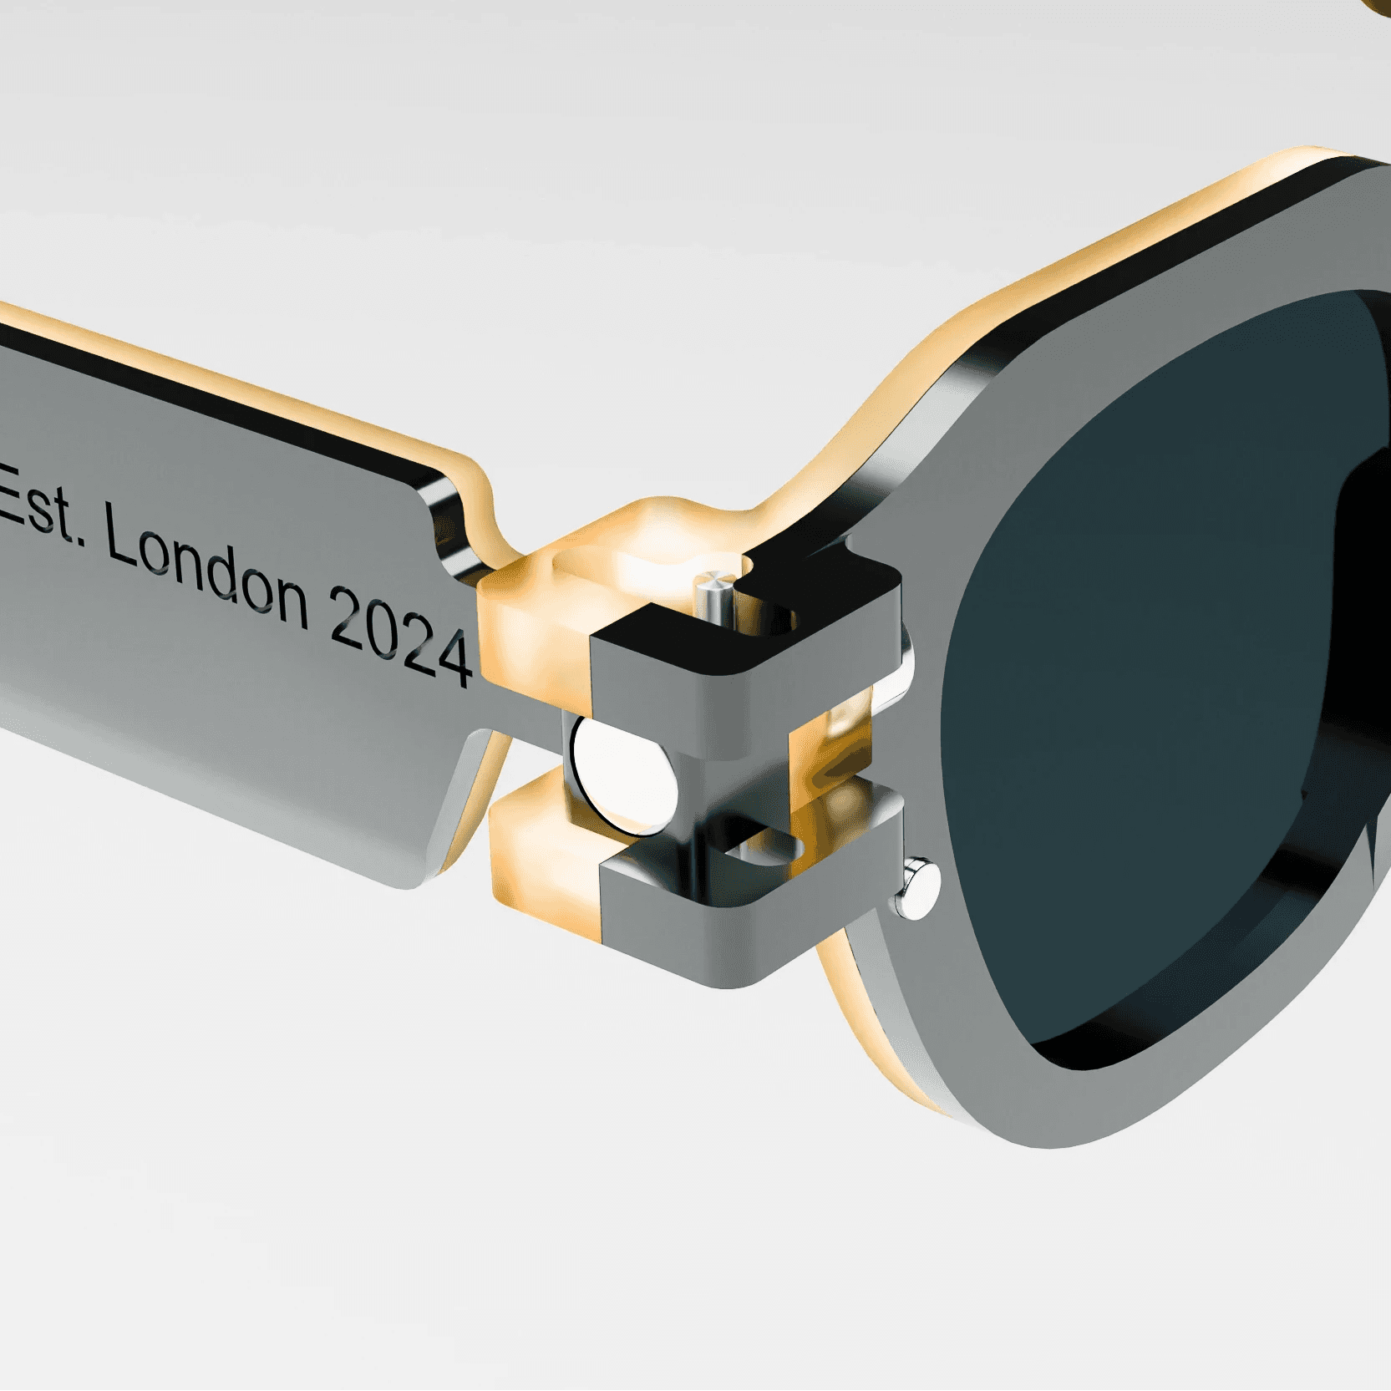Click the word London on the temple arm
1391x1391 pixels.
coord(206,570)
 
